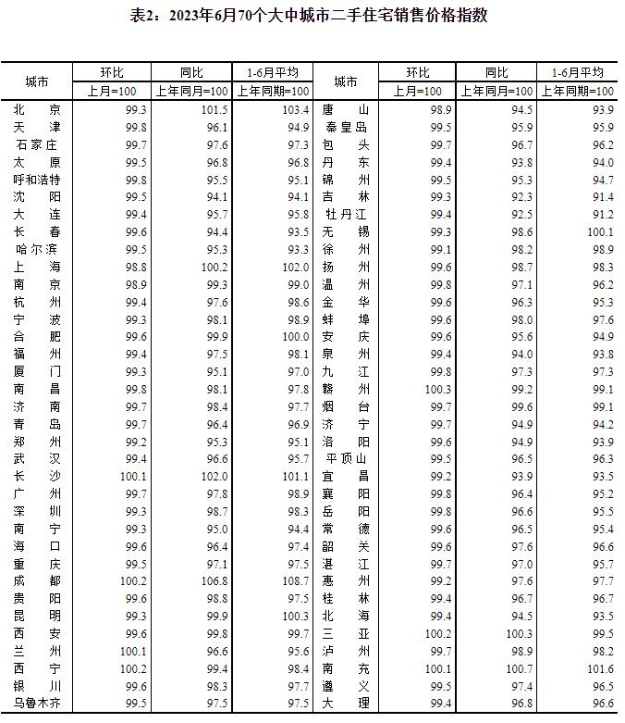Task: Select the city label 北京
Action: click(x=37, y=109)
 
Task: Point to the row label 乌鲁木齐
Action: click(x=37, y=703)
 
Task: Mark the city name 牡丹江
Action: click(x=346, y=214)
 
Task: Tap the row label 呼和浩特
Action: click(x=37, y=180)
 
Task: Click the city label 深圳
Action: click(x=37, y=511)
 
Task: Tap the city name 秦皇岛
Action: click(x=346, y=127)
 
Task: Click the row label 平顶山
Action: click(x=346, y=458)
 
